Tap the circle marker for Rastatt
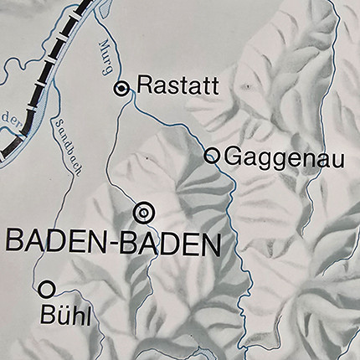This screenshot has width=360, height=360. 123,87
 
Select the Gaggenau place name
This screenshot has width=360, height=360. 274,156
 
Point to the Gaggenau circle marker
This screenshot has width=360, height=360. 213,156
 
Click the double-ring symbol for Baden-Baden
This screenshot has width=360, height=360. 144,213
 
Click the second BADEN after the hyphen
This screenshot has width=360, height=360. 171,245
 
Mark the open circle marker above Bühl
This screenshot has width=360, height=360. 47,289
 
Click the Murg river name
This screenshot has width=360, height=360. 107,54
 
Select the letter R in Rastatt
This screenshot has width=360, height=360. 143,85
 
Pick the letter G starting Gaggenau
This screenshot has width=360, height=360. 232,156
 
